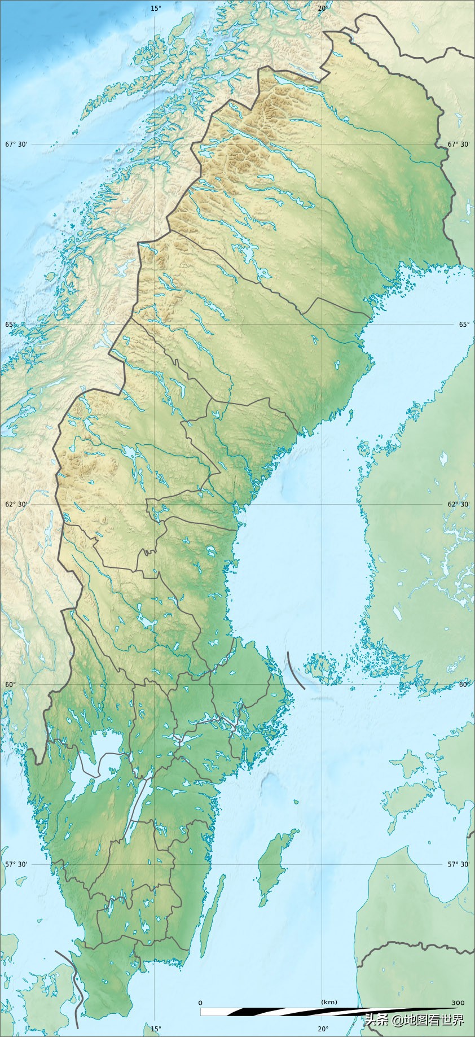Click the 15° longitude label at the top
(156, 8)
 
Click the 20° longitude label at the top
(323, 8)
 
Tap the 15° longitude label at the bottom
(156, 1029)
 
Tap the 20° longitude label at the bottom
(323, 1029)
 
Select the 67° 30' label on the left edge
(16, 145)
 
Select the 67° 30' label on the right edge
(459, 145)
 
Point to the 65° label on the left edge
(11, 325)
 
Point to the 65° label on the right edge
(464, 325)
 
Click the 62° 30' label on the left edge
(16, 505)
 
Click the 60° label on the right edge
(464, 685)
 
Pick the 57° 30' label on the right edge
(459, 864)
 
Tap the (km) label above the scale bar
(329, 1002)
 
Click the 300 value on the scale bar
(458, 1003)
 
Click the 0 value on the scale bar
(200, 1003)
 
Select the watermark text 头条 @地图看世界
(414, 1020)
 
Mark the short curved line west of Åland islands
(294, 670)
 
